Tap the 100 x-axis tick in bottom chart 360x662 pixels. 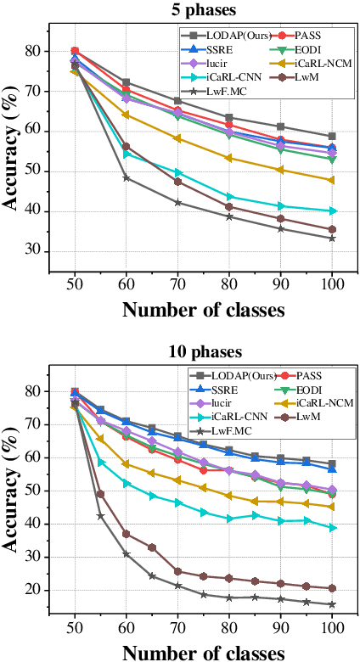(332, 623)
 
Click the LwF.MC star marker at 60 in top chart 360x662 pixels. (126, 177)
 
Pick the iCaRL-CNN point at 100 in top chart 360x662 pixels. (332, 210)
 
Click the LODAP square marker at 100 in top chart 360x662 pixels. (332, 136)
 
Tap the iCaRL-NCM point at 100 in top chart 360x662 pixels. (332, 180)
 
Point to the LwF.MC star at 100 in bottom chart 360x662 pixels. (332, 604)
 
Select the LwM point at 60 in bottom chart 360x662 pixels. (126, 534)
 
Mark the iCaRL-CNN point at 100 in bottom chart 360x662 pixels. (332, 527)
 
